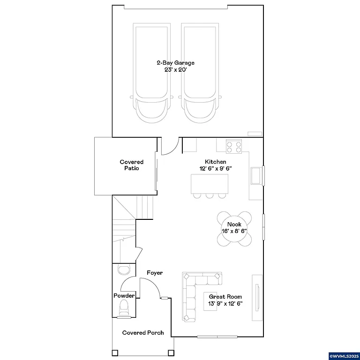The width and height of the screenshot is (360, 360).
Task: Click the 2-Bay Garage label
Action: tap(175, 62)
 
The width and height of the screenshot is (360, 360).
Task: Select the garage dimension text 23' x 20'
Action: tap(175, 69)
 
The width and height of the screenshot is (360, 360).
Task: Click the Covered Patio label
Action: tap(131, 165)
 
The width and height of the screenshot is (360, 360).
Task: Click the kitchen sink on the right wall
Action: tap(257, 176)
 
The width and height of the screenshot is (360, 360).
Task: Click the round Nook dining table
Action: tap(234, 228)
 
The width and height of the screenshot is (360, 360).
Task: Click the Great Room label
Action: tap(225, 296)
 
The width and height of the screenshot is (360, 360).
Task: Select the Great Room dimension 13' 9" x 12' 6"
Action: tap(225, 303)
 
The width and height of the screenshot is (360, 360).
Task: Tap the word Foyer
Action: tap(155, 272)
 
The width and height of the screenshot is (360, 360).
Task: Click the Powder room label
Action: tap(124, 296)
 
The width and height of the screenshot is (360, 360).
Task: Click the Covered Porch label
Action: tap(143, 332)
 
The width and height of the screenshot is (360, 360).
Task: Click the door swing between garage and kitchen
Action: tap(170, 146)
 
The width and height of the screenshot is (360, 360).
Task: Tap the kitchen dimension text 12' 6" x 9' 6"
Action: tap(216, 168)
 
